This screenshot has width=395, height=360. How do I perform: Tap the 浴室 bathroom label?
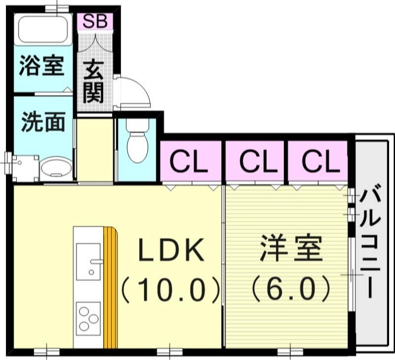(41, 67)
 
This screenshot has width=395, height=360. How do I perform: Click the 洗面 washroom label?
(42, 122)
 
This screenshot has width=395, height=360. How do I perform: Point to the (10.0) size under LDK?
(170, 290)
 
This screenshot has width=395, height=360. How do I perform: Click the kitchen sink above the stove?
(88, 259)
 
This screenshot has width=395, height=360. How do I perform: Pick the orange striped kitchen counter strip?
(111, 286)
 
